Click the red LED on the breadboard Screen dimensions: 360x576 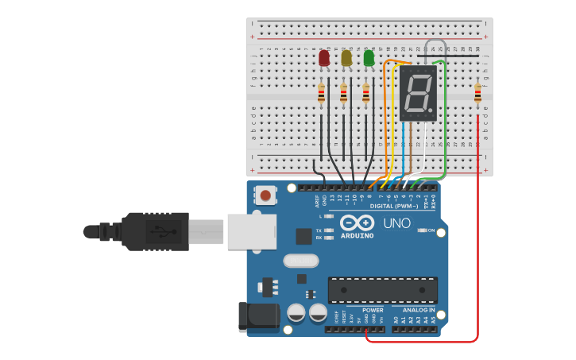pyautogui.click(x=323, y=59)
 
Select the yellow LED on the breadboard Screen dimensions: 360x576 pyautogui.click(x=346, y=58)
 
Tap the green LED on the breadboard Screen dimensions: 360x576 pyautogui.click(x=369, y=58)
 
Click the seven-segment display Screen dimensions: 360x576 pyautogui.click(x=418, y=93)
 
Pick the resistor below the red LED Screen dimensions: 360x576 pyautogui.click(x=321, y=95)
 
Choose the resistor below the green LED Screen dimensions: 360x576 pyautogui.click(x=366, y=95)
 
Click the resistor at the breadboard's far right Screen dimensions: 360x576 pyautogui.click(x=477, y=94)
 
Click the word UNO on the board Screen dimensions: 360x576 pyautogui.click(x=397, y=223)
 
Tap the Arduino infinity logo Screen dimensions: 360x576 pyautogui.click(x=357, y=223)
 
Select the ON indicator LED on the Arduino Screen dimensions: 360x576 pyautogui.click(x=419, y=230)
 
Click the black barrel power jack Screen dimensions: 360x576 pyautogui.click(x=259, y=316)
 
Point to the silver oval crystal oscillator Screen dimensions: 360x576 pyautogui.click(x=300, y=261)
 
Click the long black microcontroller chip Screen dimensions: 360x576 pyautogui.click(x=383, y=290)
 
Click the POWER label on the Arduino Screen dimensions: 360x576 pyautogui.click(x=373, y=310)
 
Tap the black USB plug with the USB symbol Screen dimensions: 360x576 pyautogui.click(x=155, y=231)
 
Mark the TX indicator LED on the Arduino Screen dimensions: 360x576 pyautogui.click(x=327, y=229)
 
